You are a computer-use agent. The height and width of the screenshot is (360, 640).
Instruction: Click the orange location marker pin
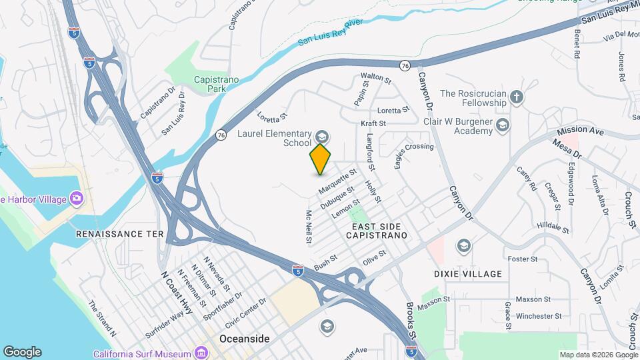321,159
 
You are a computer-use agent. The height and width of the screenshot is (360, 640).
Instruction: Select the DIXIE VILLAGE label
477,274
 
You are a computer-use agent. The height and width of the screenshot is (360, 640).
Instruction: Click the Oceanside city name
245,339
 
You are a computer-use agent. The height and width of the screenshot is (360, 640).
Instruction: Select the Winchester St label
539,316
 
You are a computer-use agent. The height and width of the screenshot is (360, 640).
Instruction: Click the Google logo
22,352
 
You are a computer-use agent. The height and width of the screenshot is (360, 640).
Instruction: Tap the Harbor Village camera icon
77,198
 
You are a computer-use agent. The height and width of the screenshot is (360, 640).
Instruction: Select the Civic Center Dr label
246,311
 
